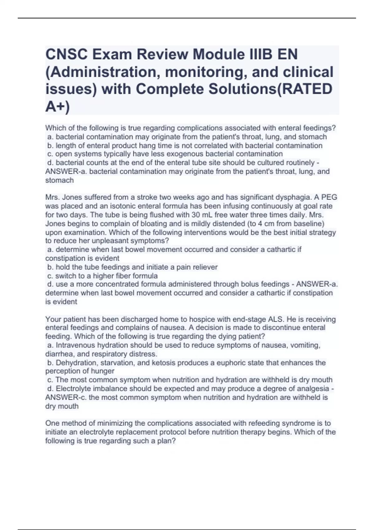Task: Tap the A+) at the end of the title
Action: point(58,107)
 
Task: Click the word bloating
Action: point(145,224)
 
